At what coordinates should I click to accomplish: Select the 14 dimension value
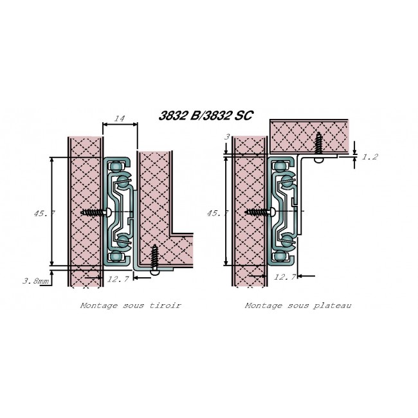119,119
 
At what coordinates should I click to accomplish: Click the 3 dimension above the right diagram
226,137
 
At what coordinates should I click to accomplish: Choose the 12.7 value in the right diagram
284,278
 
